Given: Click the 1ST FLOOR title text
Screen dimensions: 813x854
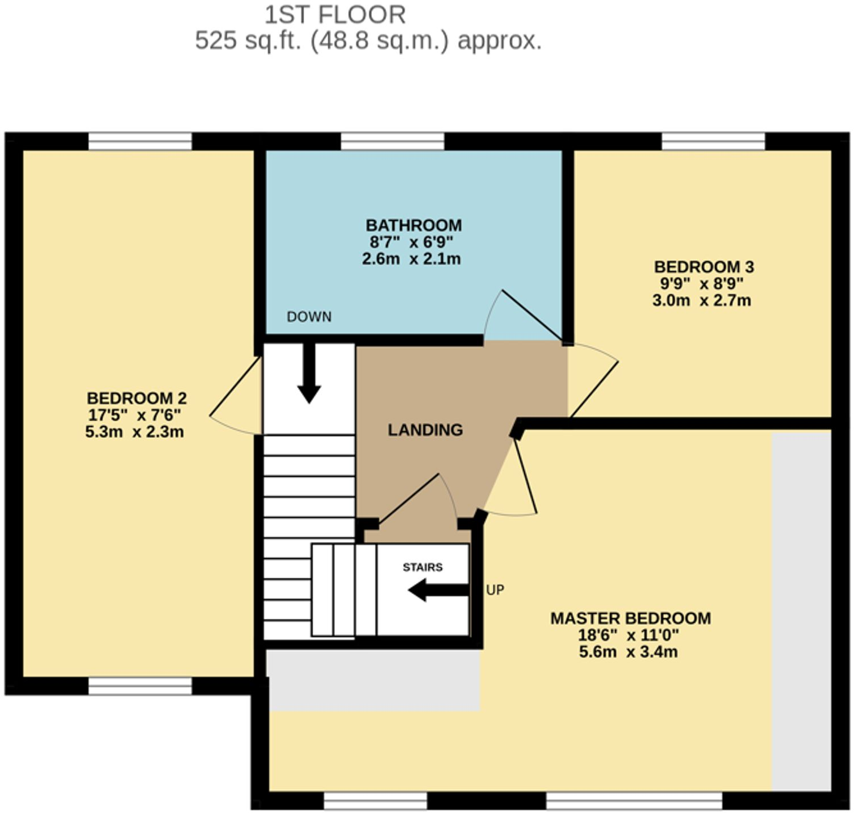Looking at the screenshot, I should coord(335,15).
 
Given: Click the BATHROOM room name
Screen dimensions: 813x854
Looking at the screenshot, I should coord(413,225).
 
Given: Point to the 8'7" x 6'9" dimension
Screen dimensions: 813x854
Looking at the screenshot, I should coord(411,242).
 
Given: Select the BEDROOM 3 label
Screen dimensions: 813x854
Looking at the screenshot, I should coord(704,267).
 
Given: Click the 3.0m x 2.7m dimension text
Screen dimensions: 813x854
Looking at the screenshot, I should coord(701,300).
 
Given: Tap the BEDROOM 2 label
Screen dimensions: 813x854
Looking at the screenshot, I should coord(136,398).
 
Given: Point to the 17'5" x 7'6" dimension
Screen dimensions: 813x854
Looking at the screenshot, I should coord(135,415).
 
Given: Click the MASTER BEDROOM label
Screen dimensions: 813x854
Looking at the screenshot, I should coord(630,618).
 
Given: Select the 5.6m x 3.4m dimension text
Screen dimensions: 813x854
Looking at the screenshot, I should coord(628,652).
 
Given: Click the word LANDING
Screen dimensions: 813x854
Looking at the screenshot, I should coord(425,430).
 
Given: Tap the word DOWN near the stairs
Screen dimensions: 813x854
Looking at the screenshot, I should coord(309,317).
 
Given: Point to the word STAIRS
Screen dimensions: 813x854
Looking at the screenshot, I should coord(422,567).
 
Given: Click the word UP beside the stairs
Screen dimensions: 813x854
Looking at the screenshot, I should coord(495,590).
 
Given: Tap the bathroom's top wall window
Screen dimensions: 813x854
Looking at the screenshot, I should coord(392,141).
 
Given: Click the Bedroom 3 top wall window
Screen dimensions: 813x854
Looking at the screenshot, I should coord(713,141).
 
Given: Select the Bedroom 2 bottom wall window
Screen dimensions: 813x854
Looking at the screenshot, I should coord(140,686).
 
